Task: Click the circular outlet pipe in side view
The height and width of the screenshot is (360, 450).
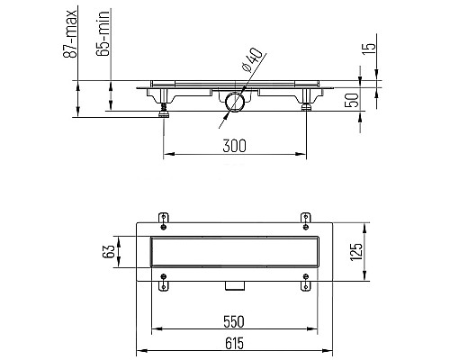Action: [237, 102]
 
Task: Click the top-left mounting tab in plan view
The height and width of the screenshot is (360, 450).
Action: [163, 218]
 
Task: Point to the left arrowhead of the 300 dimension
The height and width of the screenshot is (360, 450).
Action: [166, 155]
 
